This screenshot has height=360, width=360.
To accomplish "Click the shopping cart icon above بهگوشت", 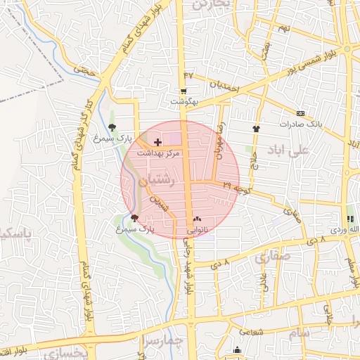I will [x=184, y=91].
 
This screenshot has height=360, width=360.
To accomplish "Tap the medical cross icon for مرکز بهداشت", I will [x=157, y=142].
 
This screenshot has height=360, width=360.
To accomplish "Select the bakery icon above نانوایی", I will [x=195, y=219].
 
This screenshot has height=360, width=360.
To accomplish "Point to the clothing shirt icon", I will [x=257, y=129].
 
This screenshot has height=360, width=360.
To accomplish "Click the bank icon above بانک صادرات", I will [x=300, y=113].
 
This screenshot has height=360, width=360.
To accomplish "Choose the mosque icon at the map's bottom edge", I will [x=238, y=349].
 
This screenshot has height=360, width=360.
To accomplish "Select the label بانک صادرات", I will [x=300, y=124].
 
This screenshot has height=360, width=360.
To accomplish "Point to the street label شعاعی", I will [x=252, y=331].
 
